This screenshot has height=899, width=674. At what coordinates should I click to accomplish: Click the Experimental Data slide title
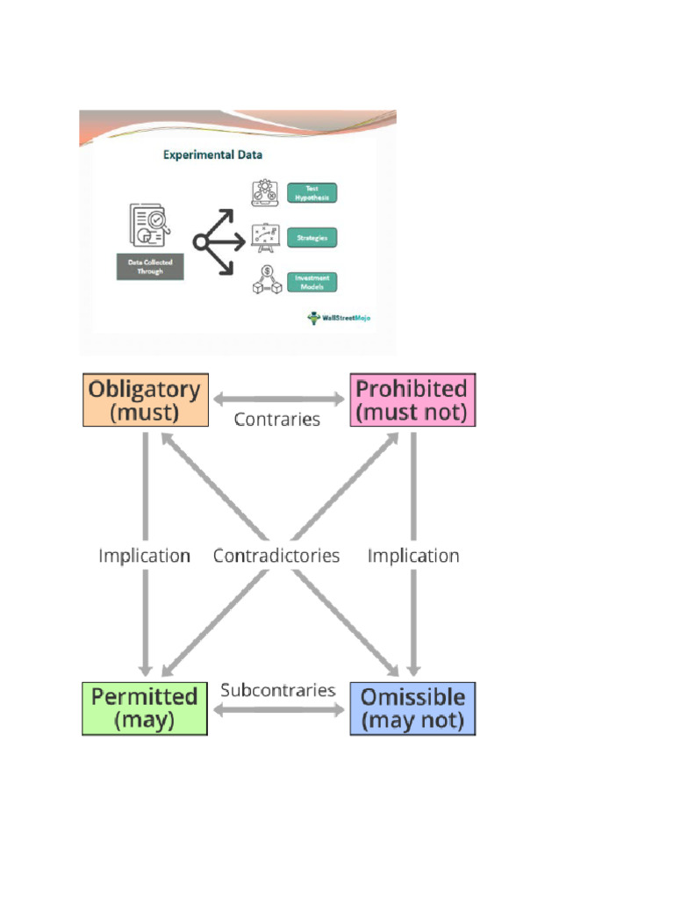pos(213,155)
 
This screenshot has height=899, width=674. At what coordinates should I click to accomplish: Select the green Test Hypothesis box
pos(312,193)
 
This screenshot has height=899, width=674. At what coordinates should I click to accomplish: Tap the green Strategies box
pos(312,237)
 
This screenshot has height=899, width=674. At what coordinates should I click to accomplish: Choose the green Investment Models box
pos(312,283)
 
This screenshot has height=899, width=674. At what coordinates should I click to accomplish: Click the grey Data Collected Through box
pos(151,267)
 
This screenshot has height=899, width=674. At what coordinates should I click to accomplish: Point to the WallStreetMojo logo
pos(339,318)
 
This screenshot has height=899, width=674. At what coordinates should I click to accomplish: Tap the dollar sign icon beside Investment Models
pos(264,281)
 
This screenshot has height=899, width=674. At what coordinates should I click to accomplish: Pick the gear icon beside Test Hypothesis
pos(264,193)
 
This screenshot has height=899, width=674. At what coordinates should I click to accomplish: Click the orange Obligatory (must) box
pos(146,399)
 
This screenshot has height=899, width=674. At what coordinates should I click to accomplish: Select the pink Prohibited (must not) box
pos(412,399)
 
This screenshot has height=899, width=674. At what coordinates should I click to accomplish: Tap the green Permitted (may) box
pos(145,708)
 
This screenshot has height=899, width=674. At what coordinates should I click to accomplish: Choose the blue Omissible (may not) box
pos(412,708)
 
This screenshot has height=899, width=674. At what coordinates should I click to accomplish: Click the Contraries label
pos(277,420)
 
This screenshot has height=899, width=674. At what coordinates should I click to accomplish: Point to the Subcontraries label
pos(278,690)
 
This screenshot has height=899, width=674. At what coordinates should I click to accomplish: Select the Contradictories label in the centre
pos(276,556)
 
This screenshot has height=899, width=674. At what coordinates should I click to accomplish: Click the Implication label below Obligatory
pos(144,556)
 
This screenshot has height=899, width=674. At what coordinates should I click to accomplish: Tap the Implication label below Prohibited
pos(413,556)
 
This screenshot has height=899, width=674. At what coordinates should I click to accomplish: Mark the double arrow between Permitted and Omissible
pos(278,708)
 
